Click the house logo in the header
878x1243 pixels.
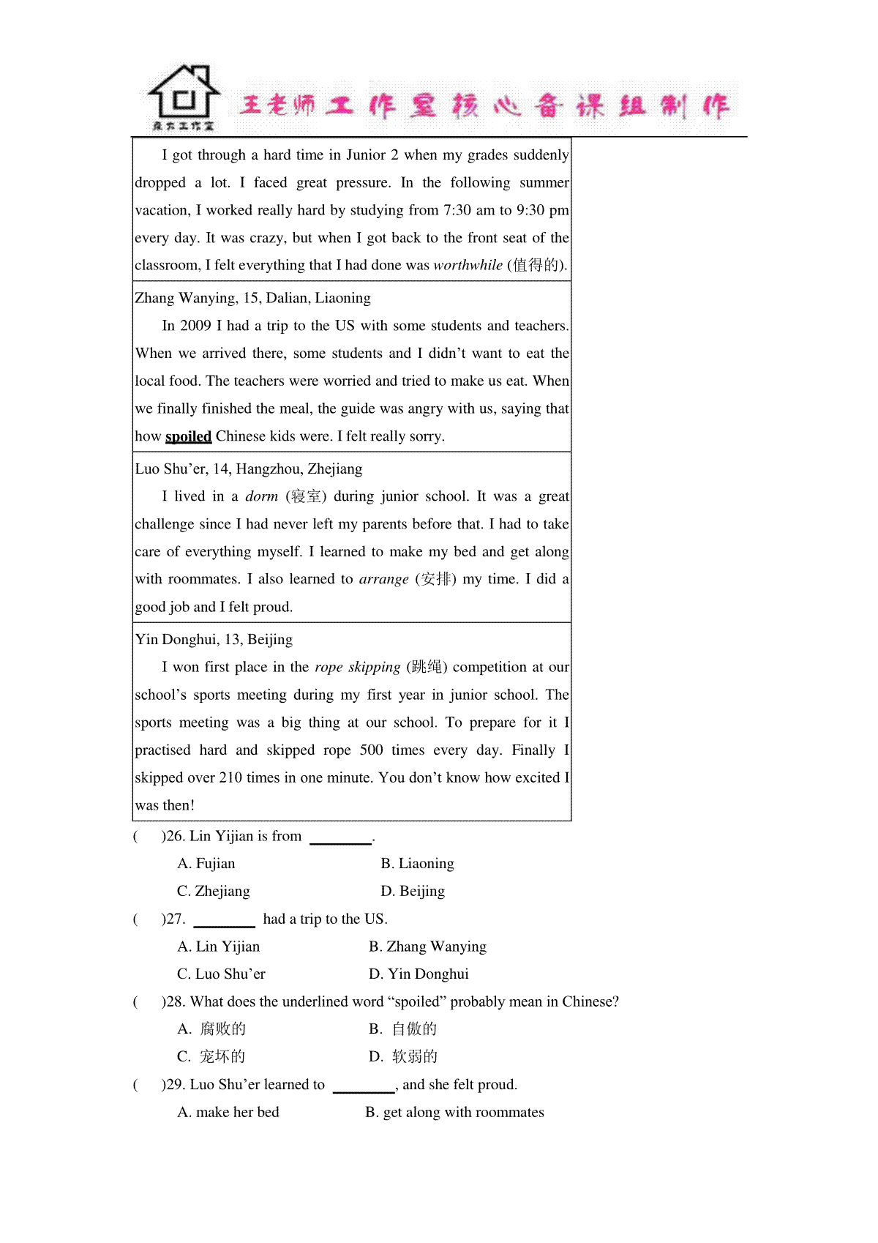(184, 97)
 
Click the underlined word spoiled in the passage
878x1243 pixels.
(188, 436)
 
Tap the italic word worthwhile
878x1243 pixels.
(468, 265)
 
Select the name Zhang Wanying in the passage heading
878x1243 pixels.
(186, 298)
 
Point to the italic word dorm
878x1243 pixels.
(261, 496)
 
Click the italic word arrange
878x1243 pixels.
(384, 579)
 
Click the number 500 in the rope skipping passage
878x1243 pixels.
(371, 750)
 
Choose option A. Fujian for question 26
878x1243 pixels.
(206, 864)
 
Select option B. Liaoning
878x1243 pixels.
(417, 864)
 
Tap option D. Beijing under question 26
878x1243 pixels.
(413, 891)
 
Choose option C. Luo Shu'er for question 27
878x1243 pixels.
(221, 974)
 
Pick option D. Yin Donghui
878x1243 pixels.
(419, 974)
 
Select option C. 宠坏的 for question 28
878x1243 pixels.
(211, 1056)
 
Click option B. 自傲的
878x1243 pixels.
(403, 1029)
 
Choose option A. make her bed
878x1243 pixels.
(228, 1113)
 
